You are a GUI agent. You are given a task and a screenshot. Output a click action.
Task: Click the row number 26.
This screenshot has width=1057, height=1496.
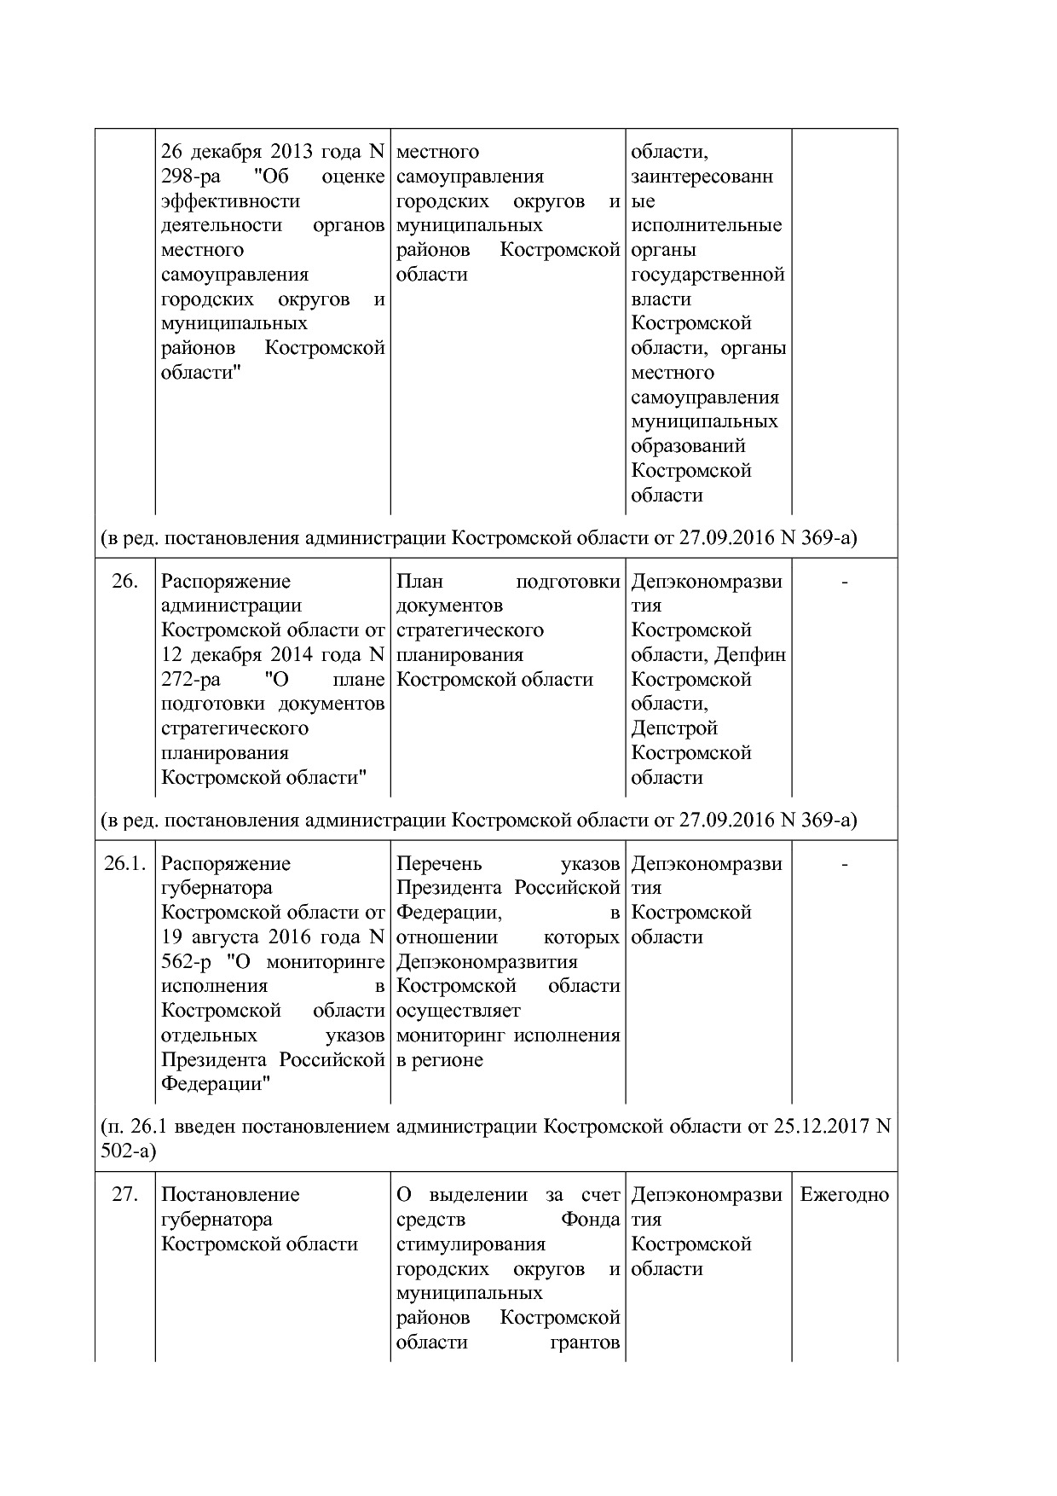tap(124, 582)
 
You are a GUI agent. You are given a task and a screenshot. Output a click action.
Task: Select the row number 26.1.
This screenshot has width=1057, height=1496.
tap(125, 864)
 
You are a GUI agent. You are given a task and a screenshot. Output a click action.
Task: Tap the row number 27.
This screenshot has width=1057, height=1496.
tap(124, 1195)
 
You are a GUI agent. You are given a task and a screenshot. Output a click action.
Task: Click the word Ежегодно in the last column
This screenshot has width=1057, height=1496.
tap(844, 1195)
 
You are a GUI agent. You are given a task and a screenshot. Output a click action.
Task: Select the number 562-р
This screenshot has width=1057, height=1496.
tap(187, 962)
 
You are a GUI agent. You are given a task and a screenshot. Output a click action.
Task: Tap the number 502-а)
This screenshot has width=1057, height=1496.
tap(129, 1151)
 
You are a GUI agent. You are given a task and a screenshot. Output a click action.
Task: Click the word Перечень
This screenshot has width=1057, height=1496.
tap(439, 864)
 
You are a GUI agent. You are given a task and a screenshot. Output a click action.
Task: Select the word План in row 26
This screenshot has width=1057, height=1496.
tap(419, 582)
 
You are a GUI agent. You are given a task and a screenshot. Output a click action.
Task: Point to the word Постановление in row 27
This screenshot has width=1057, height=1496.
tap(230, 1195)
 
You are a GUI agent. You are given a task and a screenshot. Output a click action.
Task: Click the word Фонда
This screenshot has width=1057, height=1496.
tap(590, 1220)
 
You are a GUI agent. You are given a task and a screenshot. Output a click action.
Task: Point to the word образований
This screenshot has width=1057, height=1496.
tap(688, 446)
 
